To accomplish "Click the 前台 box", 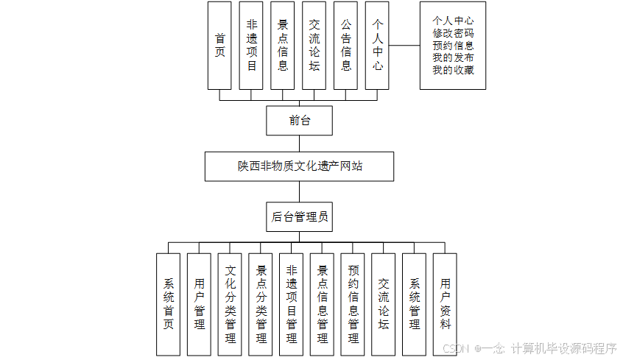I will tap(300, 121).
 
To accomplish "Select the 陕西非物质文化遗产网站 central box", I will tap(299, 166).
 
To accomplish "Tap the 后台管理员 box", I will tap(299, 216).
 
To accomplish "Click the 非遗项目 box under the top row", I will tap(251, 45).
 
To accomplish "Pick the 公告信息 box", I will tap(345, 45).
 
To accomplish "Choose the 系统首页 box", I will tap(169, 304).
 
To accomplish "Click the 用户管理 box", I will tap(200, 304).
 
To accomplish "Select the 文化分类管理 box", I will tap(230, 304).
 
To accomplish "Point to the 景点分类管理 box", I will tap(261, 304).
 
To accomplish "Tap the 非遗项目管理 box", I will tap(292, 304).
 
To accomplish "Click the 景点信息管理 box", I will tap(323, 304).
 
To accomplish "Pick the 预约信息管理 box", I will tap(353, 304).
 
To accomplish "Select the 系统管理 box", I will tap(415, 304).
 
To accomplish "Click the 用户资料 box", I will tap(446, 304).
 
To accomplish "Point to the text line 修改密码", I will tap(453, 33).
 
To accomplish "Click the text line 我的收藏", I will tap(453, 71).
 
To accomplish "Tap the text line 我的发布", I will tap(453, 58).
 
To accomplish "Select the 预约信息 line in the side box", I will tap(453, 46).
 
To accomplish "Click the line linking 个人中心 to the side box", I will tap(404, 45).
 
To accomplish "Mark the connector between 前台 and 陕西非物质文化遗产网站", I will tap(300, 144).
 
